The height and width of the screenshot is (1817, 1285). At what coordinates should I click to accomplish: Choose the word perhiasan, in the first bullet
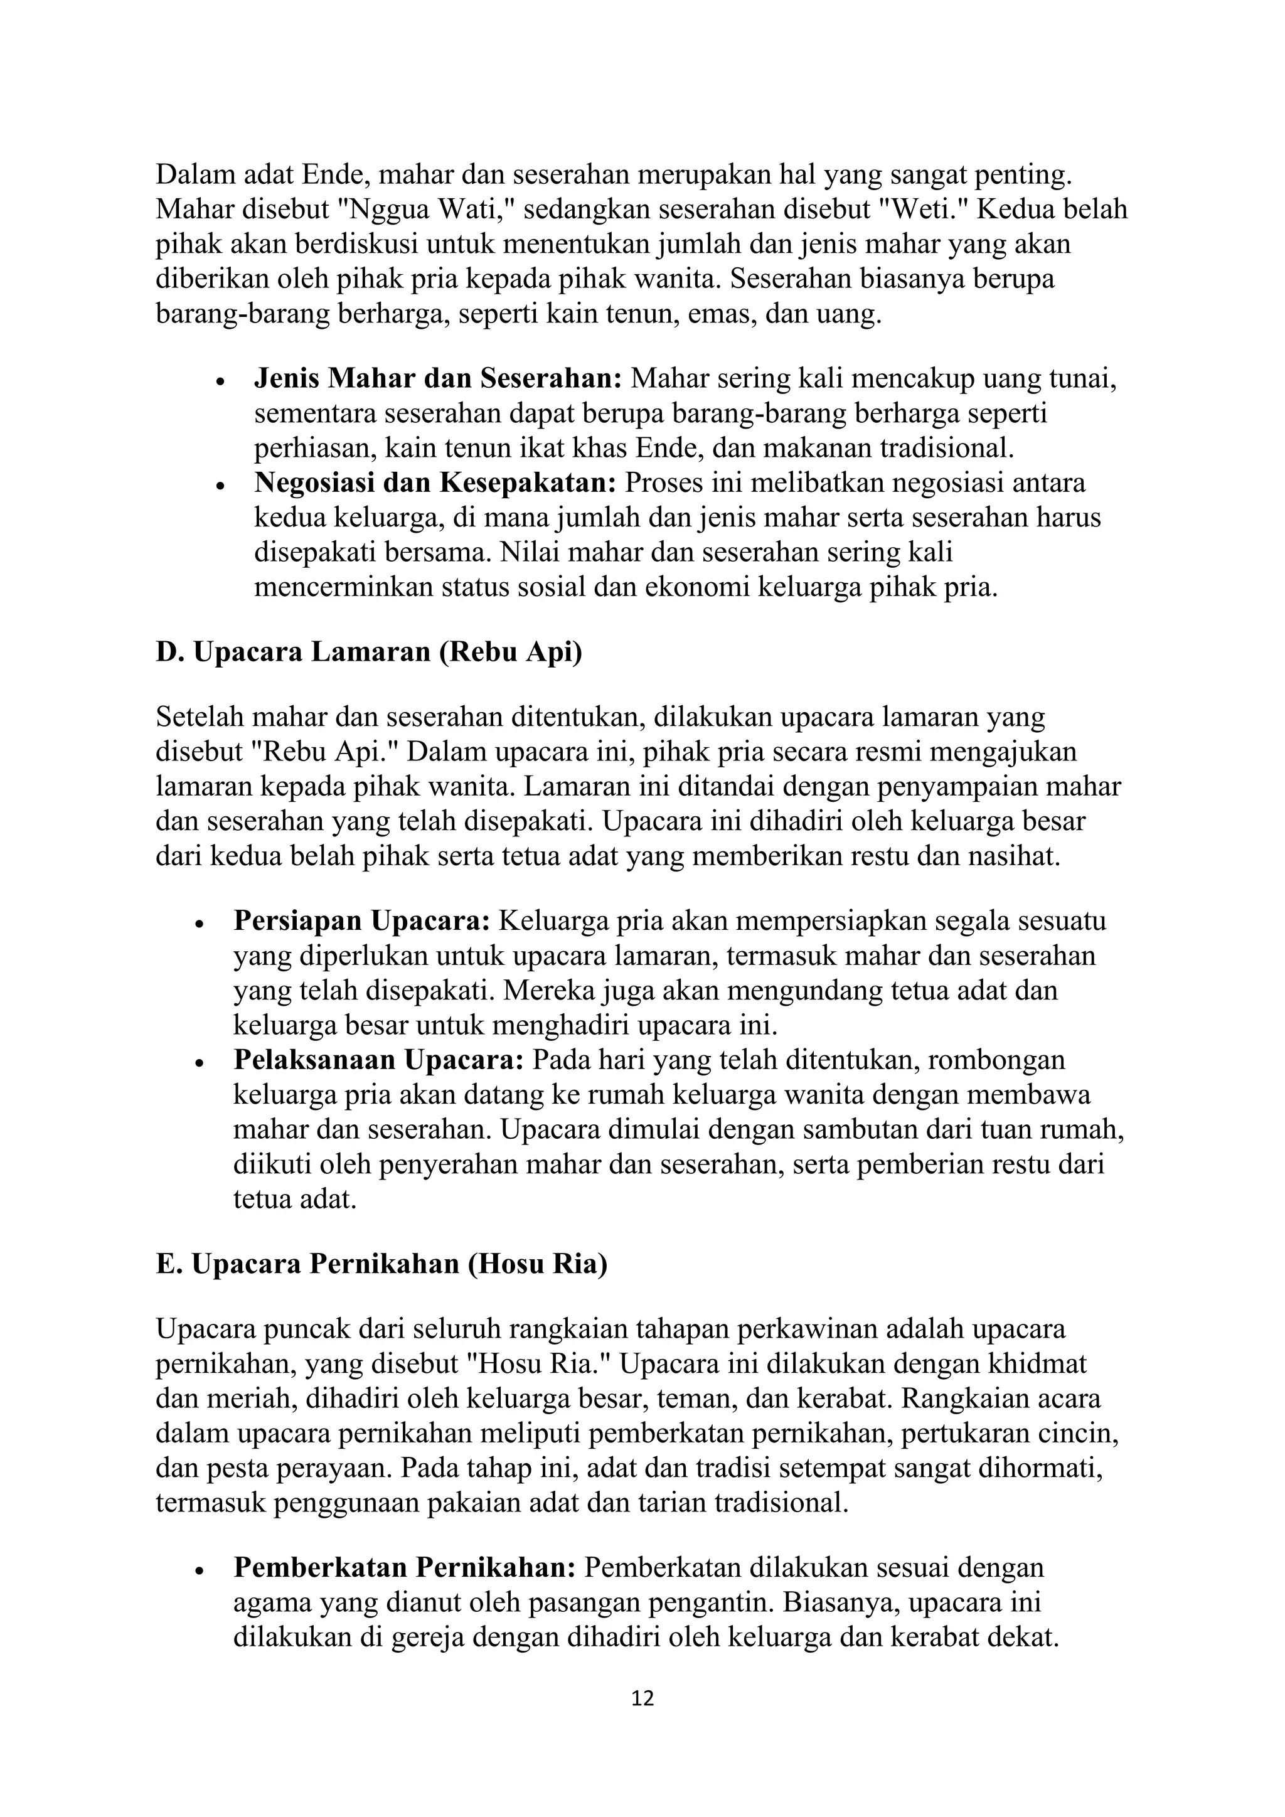point(315,449)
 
